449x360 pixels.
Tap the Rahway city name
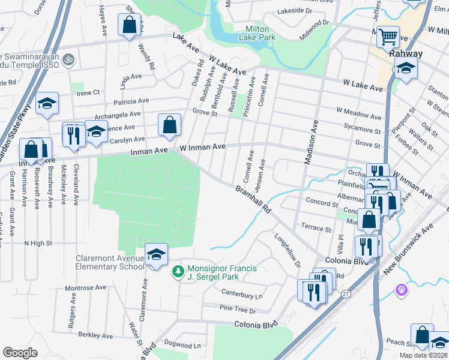click(x=406, y=53)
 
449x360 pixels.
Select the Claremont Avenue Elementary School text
click(x=110, y=263)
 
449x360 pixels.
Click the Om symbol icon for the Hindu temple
click(x=68, y=59)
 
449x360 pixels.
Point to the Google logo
click(x=20, y=352)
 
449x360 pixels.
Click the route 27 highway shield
click(x=345, y=293)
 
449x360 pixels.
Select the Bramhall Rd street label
click(x=254, y=201)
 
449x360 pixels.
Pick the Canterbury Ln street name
click(x=242, y=295)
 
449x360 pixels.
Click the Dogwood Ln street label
click(x=185, y=346)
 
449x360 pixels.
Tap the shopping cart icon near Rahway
click(x=388, y=36)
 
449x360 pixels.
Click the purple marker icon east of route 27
click(x=402, y=290)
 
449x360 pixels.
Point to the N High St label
click(x=38, y=244)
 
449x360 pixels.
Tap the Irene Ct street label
click(x=88, y=93)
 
